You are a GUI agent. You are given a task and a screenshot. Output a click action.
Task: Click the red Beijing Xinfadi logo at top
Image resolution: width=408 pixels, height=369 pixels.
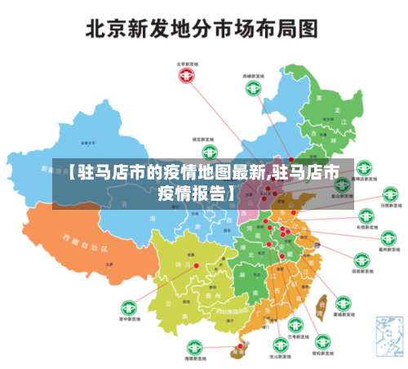(x=188, y=75)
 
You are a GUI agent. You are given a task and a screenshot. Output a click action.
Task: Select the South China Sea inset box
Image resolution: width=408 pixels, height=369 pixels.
(x=389, y=336)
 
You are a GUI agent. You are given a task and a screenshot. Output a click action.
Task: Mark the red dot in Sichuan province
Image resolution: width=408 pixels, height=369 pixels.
(x=196, y=265)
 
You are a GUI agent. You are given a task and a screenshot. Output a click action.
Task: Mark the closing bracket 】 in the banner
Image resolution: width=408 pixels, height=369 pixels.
(x=233, y=193)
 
